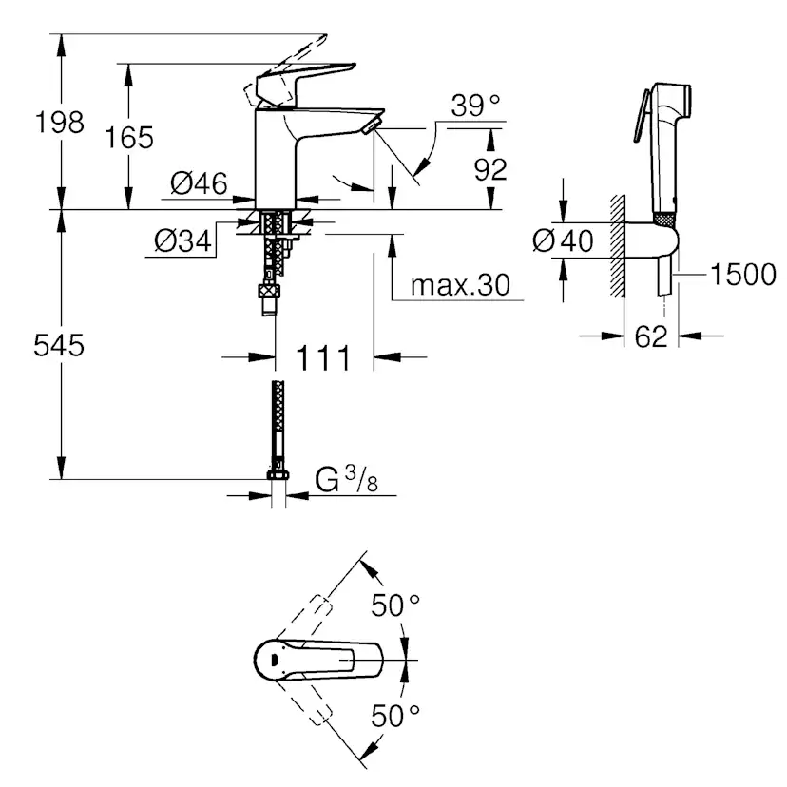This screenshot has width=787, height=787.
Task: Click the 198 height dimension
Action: click(59, 123)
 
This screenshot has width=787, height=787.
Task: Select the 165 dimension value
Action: click(129, 138)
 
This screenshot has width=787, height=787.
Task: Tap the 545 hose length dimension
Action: click(59, 345)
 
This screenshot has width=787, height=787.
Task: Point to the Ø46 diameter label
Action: click(199, 182)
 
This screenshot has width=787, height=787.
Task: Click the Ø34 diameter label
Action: click(182, 240)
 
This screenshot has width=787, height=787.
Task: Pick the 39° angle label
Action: click(475, 105)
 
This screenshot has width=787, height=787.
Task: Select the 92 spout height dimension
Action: click(490, 169)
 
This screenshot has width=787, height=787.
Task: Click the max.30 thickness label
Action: click(460, 285)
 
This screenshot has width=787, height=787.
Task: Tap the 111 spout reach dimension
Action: click(323, 358)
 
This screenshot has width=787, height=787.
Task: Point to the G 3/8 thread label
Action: click(346, 479)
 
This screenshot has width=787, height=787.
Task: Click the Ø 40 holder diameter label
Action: click(563, 240)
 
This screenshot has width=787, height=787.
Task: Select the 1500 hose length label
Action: click(743, 275)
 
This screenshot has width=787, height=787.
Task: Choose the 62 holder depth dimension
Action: click(651, 336)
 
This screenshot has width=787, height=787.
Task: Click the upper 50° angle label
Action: click(395, 605)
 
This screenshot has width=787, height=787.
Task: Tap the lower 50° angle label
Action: click(395, 715)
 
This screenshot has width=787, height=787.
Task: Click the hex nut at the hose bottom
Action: click(278, 474)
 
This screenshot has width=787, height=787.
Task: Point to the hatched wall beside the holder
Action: click(618, 245)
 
